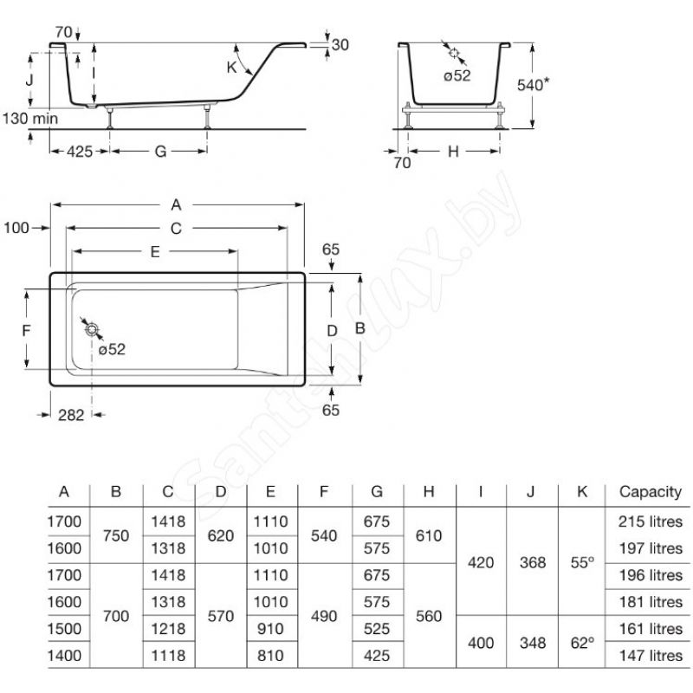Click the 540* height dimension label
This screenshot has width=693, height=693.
click(534, 84)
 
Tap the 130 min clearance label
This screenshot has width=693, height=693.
click(30, 119)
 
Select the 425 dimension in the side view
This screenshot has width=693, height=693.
click(80, 152)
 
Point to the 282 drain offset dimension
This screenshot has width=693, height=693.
click(71, 415)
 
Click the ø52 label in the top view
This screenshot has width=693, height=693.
click(112, 349)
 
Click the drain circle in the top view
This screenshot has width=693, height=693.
click(92, 329)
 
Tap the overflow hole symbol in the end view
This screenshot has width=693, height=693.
click(454, 53)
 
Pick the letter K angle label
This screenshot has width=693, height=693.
click(231, 68)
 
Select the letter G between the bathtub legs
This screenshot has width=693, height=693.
click(160, 152)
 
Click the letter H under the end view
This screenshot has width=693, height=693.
click(453, 152)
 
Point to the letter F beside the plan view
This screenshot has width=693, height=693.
click(27, 330)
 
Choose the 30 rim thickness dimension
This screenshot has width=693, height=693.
click(340, 45)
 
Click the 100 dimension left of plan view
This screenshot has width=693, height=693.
click(16, 228)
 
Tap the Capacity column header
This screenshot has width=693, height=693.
click(651, 491)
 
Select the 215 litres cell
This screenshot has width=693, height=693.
click(651, 521)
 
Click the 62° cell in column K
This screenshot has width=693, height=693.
click(582, 643)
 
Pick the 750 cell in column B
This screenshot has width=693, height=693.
click(116, 535)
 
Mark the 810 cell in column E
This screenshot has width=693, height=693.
click(270, 656)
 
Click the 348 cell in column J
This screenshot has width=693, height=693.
click(533, 643)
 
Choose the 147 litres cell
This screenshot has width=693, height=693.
click(651, 656)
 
